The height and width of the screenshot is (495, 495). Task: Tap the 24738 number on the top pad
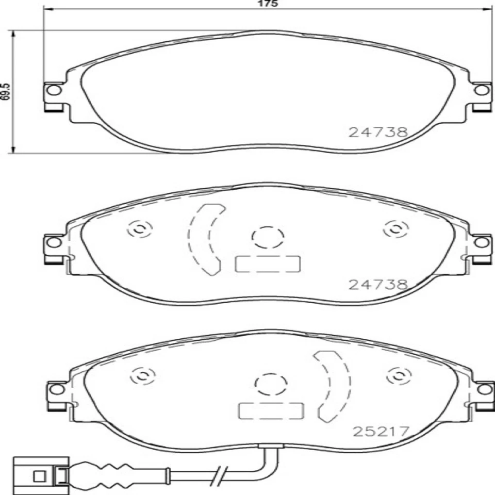tap(378, 132)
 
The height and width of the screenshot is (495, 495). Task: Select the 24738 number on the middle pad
tap(378, 284)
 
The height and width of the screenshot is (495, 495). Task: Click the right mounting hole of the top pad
tap(482, 90)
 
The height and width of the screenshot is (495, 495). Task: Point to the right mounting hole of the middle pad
tap(482, 242)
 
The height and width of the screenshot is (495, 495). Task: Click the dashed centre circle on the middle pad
tap(268, 237)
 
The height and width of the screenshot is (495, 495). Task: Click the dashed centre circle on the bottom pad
tap(270, 384)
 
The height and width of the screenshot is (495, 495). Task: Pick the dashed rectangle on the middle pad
tap(267, 264)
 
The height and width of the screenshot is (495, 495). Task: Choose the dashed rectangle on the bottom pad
tap(270, 411)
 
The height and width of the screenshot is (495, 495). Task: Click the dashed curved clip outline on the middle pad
tap(205, 239)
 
